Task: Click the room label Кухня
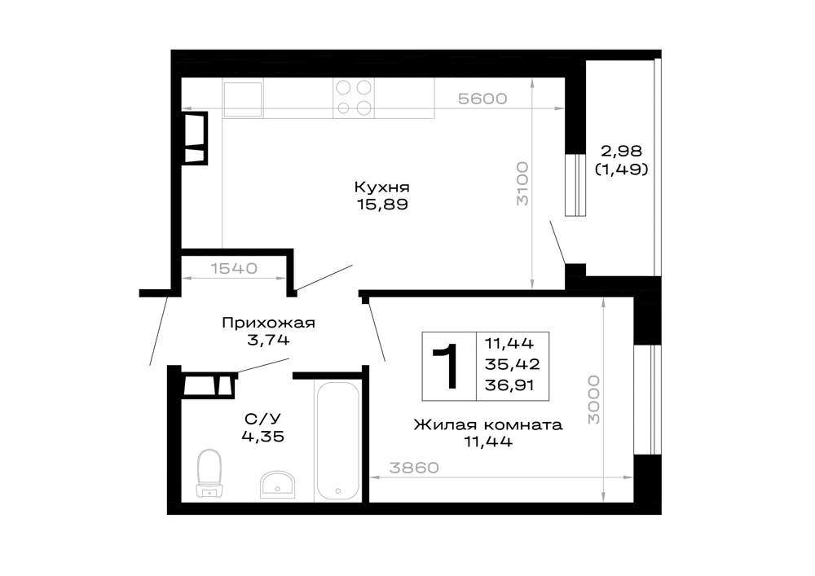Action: pos(382,187)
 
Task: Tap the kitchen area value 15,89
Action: pos(382,204)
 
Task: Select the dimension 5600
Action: pos(482,98)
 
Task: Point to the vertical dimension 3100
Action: pos(522,183)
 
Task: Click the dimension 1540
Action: pos(234,269)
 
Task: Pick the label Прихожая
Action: pos(268,323)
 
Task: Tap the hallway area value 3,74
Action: pos(268,341)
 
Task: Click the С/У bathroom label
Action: pos(263,419)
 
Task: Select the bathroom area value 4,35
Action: pos(263,437)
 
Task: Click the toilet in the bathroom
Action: pos(209,473)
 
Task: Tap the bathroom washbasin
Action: pos(277,484)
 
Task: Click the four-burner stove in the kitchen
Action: pos(354,98)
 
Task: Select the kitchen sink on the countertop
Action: pos(243,98)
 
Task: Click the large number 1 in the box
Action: pos(447,366)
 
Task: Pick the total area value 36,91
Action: pos(509,385)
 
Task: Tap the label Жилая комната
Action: pos(488,424)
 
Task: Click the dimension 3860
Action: pos(414,468)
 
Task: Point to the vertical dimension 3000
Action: pos(593,400)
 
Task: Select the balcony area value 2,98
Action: pos(622,152)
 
